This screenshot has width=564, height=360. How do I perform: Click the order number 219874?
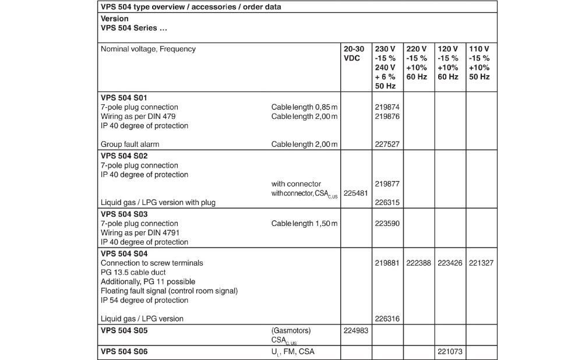point(387,107)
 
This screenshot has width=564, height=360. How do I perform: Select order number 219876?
point(387,117)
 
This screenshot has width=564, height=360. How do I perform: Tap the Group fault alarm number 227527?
point(387,144)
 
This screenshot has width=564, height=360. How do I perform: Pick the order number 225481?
point(355,193)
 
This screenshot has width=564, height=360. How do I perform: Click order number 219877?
point(387,184)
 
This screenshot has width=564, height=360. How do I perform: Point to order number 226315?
point(387,203)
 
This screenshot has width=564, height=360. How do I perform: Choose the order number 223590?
point(387,224)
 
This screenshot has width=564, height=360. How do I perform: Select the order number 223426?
point(450,263)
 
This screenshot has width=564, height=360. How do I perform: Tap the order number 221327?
point(481,263)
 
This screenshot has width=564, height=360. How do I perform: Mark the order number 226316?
point(387,319)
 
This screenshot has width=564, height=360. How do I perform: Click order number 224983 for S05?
point(355,331)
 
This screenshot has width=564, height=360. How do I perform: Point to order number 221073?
point(450,352)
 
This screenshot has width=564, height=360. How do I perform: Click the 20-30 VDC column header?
point(355,54)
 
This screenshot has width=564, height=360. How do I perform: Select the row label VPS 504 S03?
point(124,214)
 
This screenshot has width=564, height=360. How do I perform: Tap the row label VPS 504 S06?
point(124,352)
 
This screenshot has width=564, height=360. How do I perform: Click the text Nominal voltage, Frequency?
point(148,49)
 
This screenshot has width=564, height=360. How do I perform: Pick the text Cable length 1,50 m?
point(304,224)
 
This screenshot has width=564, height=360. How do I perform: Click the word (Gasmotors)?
point(291,331)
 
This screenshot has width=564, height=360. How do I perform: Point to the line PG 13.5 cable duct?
point(133,273)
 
